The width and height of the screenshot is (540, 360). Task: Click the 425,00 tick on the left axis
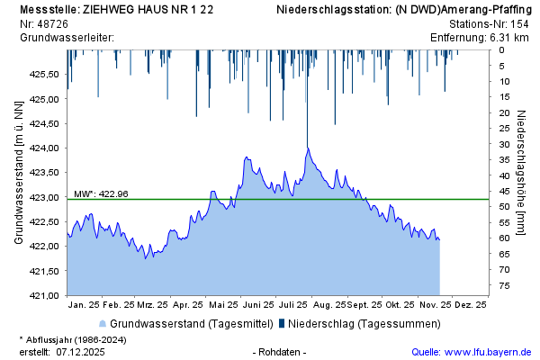(x=44, y=99)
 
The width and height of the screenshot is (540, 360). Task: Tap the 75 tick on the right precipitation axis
(x=505, y=285)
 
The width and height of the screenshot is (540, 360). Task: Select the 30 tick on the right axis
(x=505, y=144)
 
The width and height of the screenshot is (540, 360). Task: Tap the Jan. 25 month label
(x=82, y=305)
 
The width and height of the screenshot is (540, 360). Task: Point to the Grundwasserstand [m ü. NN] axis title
(x=18, y=172)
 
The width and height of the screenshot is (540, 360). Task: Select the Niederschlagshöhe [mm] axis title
(x=523, y=172)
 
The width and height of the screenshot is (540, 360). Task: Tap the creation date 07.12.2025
(x=80, y=352)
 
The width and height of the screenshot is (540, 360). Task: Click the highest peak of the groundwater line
(x=307, y=148)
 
